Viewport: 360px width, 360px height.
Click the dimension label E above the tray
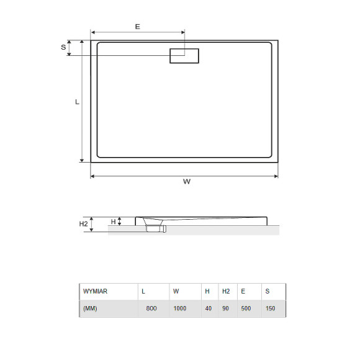[x=138, y=27]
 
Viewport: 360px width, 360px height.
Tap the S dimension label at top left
[x=63, y=47]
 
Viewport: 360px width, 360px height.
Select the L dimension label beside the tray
[x=77, y=102]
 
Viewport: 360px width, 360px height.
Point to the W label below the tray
[x=187, y=182]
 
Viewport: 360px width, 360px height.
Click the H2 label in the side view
[x=83, y=224]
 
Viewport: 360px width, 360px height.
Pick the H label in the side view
[x=113, y=222]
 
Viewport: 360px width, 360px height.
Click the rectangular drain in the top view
[x=184, y=56]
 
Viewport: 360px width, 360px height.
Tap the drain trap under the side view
[x=156, y=228]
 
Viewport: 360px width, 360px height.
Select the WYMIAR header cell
[x=95, y=291]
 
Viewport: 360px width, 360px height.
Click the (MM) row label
[x=90, y=308]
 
